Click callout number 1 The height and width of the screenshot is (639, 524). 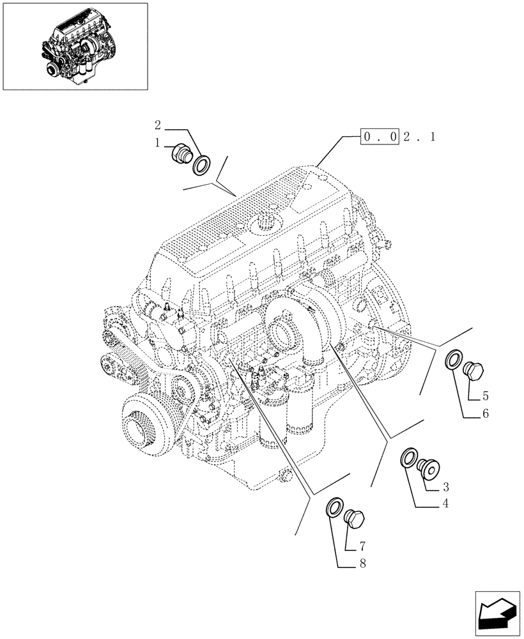[157, 144]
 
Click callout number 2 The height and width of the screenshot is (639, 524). [158, 125]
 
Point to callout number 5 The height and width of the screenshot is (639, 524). [485, 396]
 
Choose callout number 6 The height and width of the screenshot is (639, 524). [485, 414]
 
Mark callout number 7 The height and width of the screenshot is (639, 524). [362, 547]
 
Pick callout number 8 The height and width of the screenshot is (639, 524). [362, 564]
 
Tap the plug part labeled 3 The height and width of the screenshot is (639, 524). [426, 470]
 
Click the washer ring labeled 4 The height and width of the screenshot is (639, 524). [408, 458]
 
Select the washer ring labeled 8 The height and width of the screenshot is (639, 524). [334, 509]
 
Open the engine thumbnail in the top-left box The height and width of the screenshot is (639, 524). [75, 46]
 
